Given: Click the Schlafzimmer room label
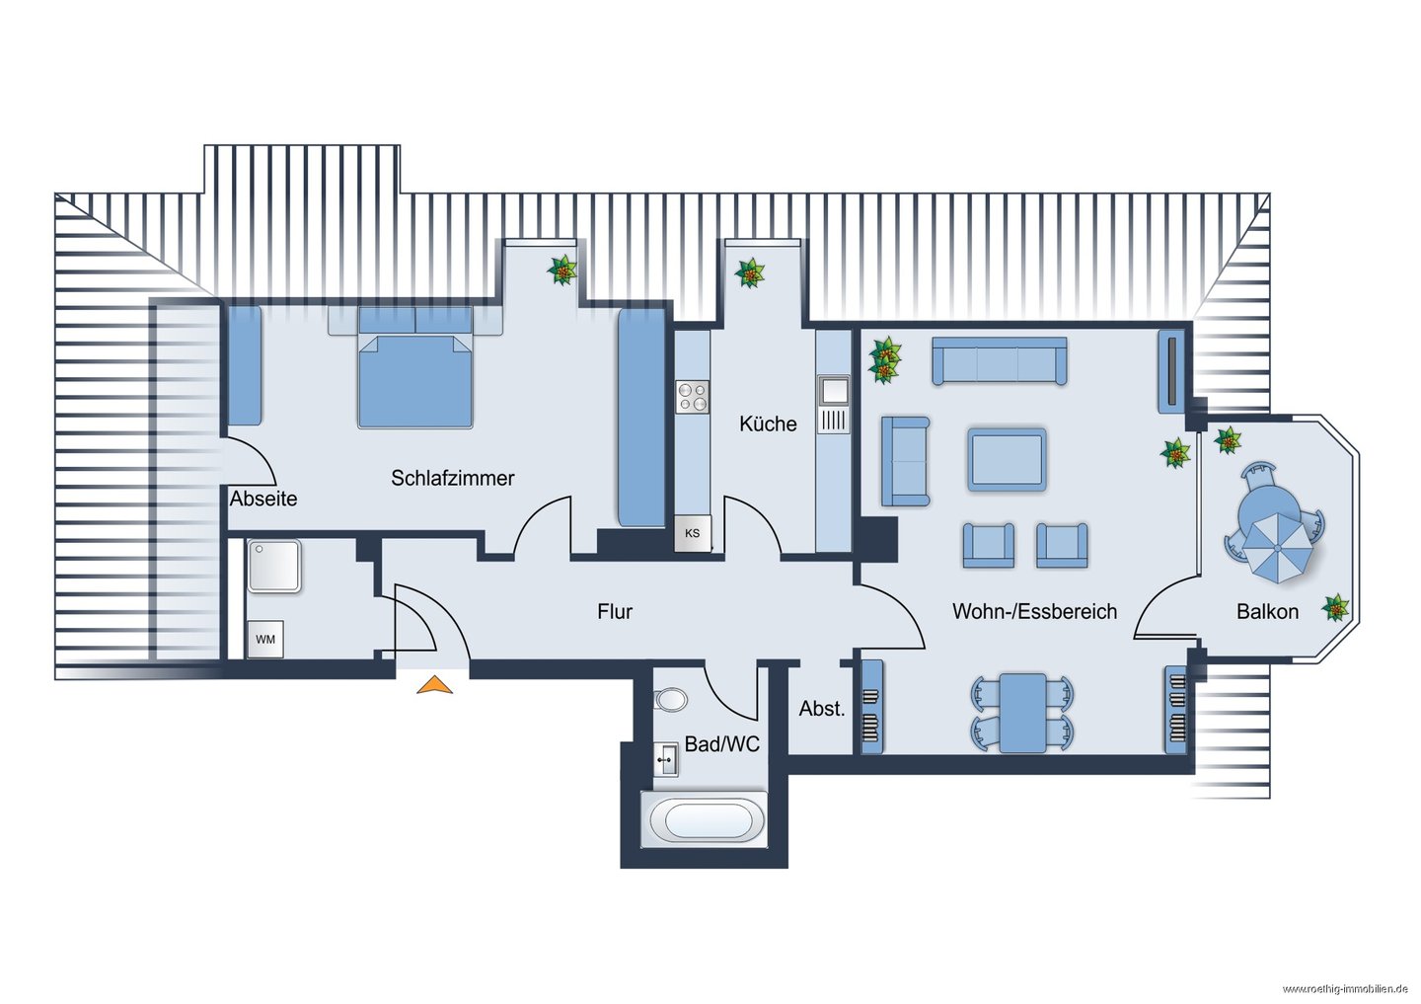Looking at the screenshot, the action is tap(452, 478).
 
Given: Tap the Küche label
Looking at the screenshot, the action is tap(768, 424).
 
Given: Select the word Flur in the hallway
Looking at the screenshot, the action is tap(615, 611).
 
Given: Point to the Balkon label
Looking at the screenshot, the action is tap(1267, 611).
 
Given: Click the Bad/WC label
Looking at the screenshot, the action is tap(722, 743).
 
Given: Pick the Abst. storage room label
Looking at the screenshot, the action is tap(821, 708).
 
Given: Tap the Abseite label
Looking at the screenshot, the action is tap(263, 499).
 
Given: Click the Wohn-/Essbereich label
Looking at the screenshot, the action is tap(1034, 611).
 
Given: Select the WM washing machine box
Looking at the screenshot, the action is tap(265, 639).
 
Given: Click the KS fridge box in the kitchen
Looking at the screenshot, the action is tap(692, 533).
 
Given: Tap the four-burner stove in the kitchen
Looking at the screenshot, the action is tap(692, 397).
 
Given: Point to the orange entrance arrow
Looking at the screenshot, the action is tap(434, 685).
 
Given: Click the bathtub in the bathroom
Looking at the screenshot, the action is tap(705, 819).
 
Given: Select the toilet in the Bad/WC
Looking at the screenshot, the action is tap(671, 701).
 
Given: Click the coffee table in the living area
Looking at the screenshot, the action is tap(1007, 459).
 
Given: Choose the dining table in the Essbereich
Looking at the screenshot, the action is tap(1022, 714).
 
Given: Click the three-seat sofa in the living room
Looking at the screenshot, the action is tap(999, 361).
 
